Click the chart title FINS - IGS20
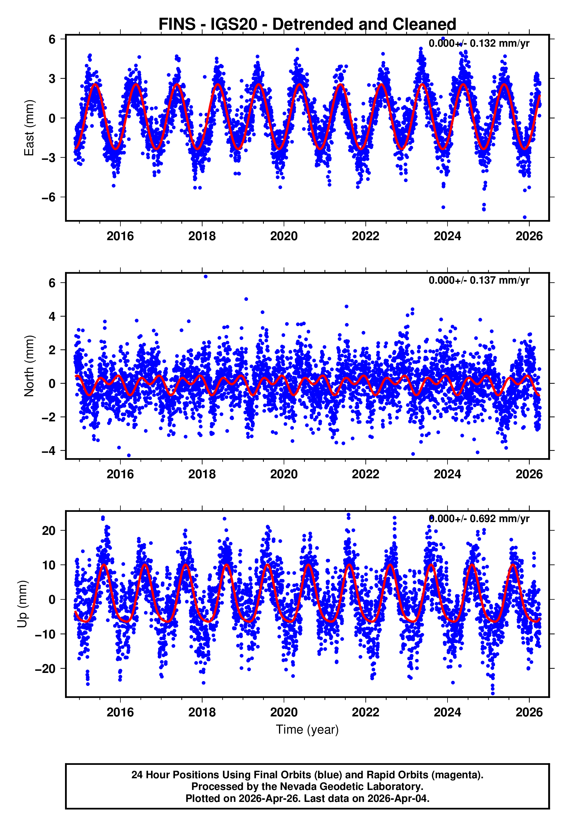(307, 25)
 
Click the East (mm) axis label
(29, 128)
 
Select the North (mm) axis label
(29, 366)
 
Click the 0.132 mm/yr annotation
(479, 43)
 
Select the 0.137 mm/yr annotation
(479, 280)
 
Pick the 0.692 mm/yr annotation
(479, 519)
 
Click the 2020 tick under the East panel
(284, 236)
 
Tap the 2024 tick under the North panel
(447, 474)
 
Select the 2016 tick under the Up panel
(120, 712)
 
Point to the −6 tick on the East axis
(48, 197)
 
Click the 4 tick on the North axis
(52, 316)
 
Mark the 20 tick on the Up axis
(48, 531)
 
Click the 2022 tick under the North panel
(366, 474)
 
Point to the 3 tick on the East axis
(52, 78)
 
